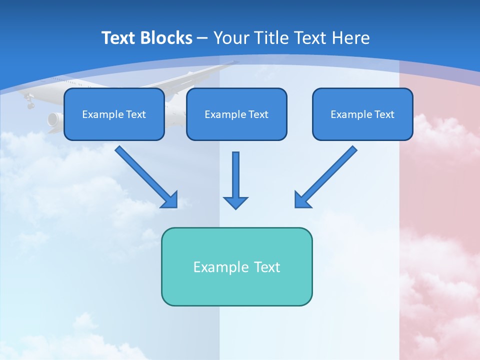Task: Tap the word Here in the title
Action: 350,38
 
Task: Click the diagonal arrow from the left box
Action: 145,176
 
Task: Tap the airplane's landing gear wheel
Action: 30,105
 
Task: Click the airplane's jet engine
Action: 54,119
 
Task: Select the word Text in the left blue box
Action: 136,114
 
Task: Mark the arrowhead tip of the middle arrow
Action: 235,208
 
